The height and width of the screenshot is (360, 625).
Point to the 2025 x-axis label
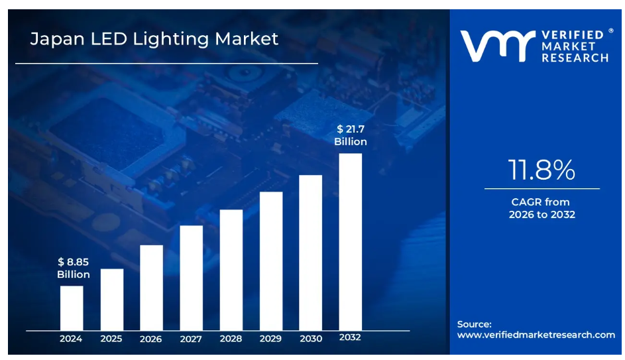(111, 339)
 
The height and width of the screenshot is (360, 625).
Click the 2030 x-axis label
(310, 339)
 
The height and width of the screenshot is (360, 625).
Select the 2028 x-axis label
(231, 339)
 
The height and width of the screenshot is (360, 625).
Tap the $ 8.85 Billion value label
(73, 269)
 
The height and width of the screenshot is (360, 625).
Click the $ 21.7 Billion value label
(350, 135)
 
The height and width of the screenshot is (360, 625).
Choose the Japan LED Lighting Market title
(154, 39)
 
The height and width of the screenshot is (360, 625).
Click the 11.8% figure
(541, 170)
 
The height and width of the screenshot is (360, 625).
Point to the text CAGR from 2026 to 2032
(541, 208)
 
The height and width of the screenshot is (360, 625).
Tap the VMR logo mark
(497, 46)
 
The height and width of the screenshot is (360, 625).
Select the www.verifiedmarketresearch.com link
(536, 335)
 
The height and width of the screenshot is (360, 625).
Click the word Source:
(475, 324)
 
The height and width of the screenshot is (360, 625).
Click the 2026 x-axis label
(151, 339)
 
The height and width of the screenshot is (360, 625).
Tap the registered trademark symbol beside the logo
(610, 30)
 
